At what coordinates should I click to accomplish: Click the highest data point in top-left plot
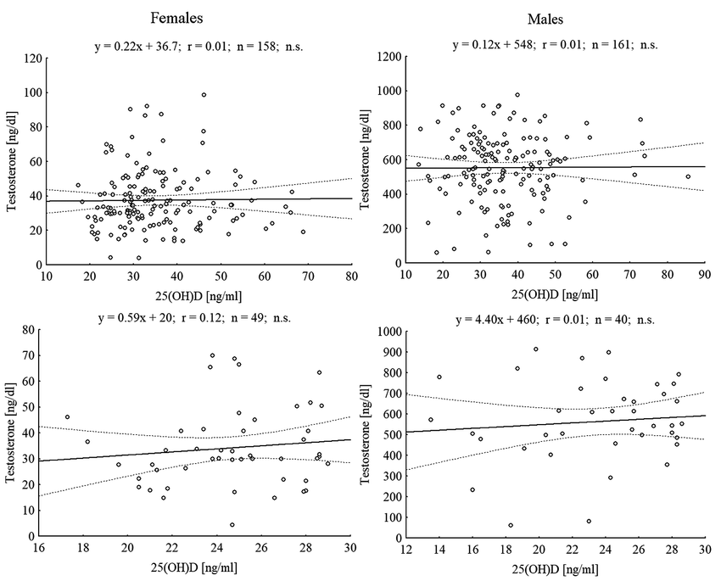click(x=204, y=95)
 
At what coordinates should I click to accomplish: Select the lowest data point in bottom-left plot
click(x=232, y=524)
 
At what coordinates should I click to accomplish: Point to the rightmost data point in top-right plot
click(x=688, y=176)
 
